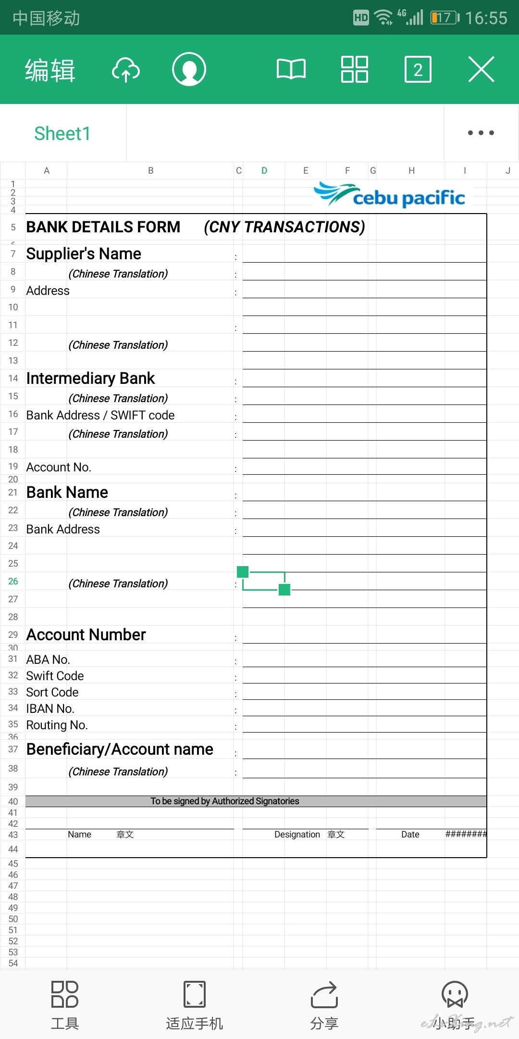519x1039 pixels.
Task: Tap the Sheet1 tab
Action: (x=62, y=133)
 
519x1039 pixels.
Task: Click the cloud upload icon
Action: (x=125, y=70)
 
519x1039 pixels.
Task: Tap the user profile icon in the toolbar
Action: (x=189, y=69)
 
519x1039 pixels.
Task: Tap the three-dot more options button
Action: (x=481, y=133)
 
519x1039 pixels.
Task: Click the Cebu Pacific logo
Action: (x=390, y=195)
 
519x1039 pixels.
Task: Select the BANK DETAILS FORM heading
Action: (x=103, y=227)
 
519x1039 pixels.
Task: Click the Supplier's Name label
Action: (x=84, y=253)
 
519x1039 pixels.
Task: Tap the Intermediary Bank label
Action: (x=90, y=378)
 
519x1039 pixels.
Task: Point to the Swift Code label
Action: (x=55, y=676)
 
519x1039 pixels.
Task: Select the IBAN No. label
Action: (x=50, y=709)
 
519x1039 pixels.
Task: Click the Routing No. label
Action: (x=57, y=725)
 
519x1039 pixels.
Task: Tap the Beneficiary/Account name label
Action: (x=120, y=749)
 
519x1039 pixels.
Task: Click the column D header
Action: (x=264, y=170)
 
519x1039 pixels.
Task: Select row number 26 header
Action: (x=13, y=581)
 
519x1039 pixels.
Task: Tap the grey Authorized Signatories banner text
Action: (x=225, y=801)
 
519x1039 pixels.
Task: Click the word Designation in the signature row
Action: (x=297, y=835)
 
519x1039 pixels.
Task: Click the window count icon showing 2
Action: (x=418, y=70)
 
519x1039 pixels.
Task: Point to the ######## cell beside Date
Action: (x=466, y=834)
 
